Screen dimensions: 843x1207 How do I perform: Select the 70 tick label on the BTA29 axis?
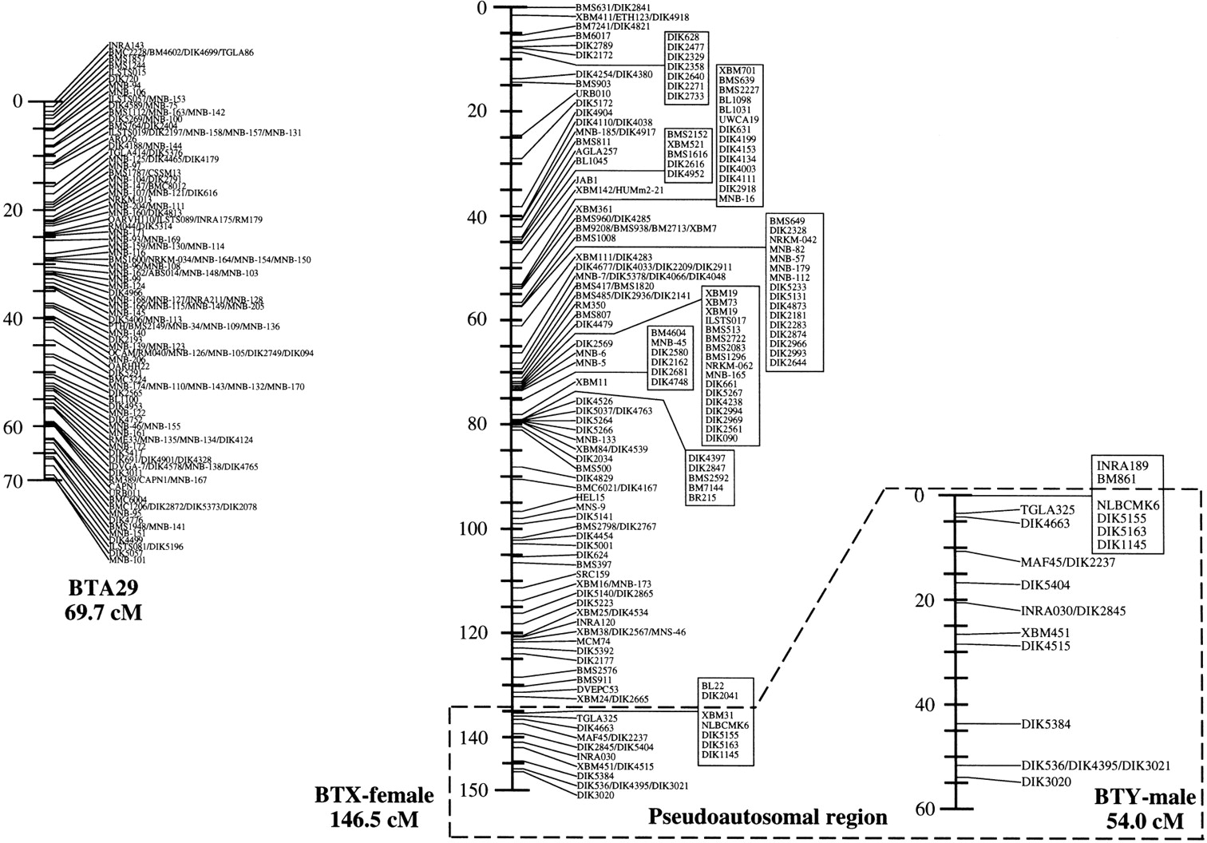[15, 481]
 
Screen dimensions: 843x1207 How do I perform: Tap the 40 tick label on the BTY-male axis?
[924, 705]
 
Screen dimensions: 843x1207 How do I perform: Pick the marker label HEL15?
[590, 497]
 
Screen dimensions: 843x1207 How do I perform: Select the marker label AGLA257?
[596, 151]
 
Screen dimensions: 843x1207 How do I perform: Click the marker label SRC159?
[592, 574]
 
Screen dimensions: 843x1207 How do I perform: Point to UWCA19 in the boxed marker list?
[739, 120]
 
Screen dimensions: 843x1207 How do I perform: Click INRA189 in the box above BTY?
[1122, 465]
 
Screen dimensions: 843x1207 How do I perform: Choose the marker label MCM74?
[593, 642]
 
